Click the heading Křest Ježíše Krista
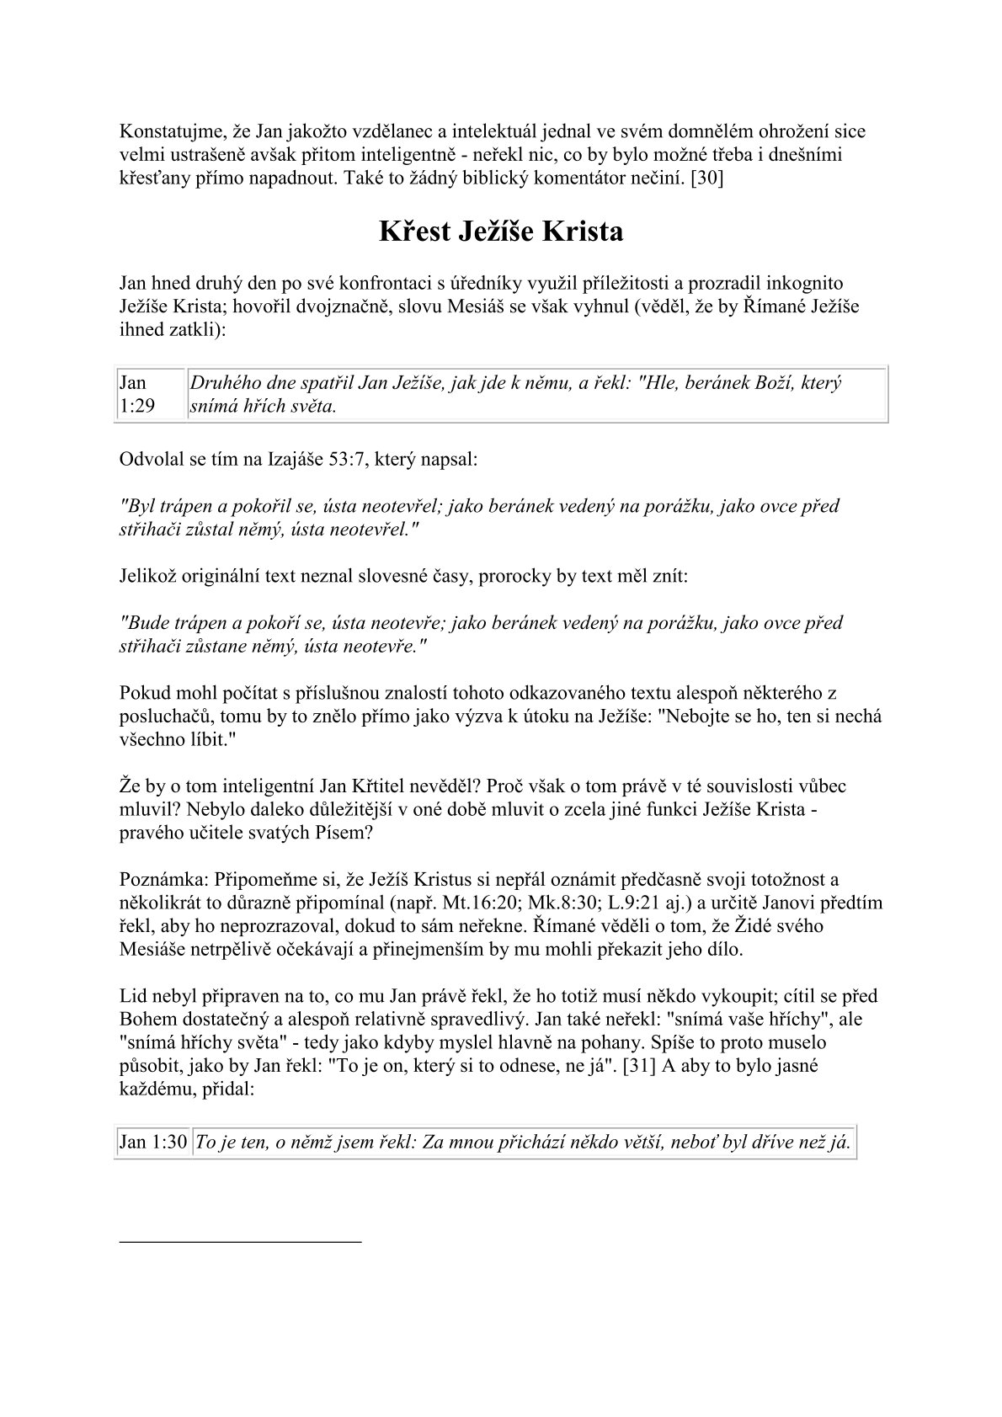pyautogui.click(x=501, y=232)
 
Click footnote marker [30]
pyautogui.click(x=706, y=178)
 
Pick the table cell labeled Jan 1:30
pyautogui.click(x=152, y=1143)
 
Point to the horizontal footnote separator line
pyautogui.click(x=240, y=1241)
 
